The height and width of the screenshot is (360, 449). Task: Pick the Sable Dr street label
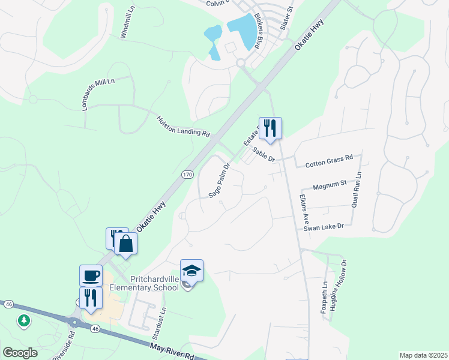click(x=263, y=154)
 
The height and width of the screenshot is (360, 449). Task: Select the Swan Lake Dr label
click(x=324, y=227)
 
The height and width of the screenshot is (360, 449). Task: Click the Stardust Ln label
click(x=163, y=319)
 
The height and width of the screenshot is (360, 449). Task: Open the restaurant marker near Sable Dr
click(x=270, y=128)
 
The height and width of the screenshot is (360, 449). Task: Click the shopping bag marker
click(x=126, y=243)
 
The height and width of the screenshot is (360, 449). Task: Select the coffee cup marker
click(x=91, y=275)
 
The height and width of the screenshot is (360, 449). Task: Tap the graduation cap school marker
click(x=191, y=271)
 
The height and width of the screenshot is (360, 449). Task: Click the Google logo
click(x=20, y=353)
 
